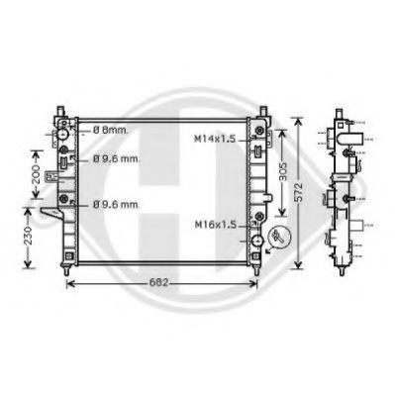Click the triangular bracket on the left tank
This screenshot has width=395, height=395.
(48, 217)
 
